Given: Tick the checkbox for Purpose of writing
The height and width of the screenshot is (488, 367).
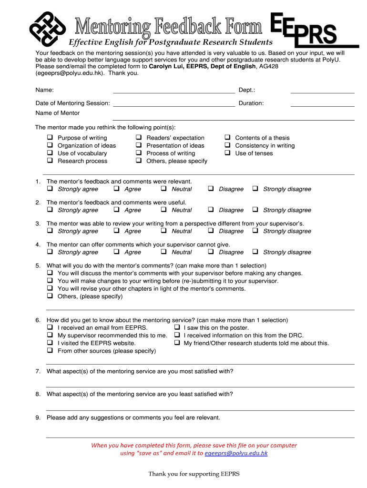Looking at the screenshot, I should pyautogui.click(x=50, y=138).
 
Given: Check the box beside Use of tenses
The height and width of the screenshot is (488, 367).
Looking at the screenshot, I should pyautogui.click(x=227, y=153).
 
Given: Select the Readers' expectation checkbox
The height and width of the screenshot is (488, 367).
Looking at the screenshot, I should pyautogui.click(x=138, y=138).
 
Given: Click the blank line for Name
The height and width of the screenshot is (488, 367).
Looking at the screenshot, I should pyautogui.click(x=174, y=91).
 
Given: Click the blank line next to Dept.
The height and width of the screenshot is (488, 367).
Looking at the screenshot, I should pyautogui.click(x=322, y=91).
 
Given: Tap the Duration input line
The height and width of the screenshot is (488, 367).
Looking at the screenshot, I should pyautogui.click(x=322, y=104).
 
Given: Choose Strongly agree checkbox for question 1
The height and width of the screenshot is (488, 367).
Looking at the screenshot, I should pyautogui.click(x=50, y=189).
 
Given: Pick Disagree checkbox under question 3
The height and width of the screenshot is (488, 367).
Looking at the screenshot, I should pyautogui.click(x=211, y=231).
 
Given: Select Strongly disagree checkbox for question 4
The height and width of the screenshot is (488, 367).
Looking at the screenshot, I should pyautogui.click(x=255, y=252).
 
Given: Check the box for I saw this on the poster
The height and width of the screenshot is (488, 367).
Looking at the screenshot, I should pyautogui.click(x=176, y=327).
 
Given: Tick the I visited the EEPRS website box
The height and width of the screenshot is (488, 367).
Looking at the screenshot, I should pyautogui.click(x=50, y=343).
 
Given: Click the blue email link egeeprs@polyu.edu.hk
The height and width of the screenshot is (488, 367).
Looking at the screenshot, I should pyautogui.click(x=236, y=453).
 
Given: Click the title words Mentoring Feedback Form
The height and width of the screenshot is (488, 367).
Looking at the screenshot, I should pyautogui.click(x=168, y=26).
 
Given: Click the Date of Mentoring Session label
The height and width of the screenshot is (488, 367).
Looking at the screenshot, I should pyautogui.click(x=72, y=103).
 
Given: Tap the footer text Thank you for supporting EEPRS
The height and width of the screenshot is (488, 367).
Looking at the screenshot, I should pyautogui.click(x=194, y=474).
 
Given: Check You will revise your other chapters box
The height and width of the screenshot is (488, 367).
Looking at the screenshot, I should pyautogui.click(x=50, y=288).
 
